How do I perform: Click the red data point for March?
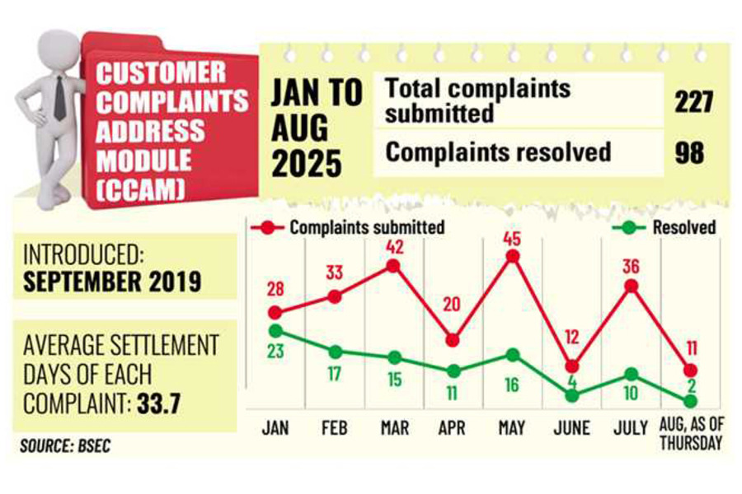pos(393,266)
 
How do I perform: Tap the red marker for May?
pos(512,256)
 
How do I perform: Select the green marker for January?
pos(276,330)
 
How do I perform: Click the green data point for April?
pos(453,371)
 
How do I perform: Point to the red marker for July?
pos(632,287)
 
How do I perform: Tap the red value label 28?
pos(276,289)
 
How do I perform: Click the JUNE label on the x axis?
pos(571,428)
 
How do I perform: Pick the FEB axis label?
pos(334,428)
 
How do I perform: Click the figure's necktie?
pos(59,100)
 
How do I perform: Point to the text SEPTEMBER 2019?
pos(112,282)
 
